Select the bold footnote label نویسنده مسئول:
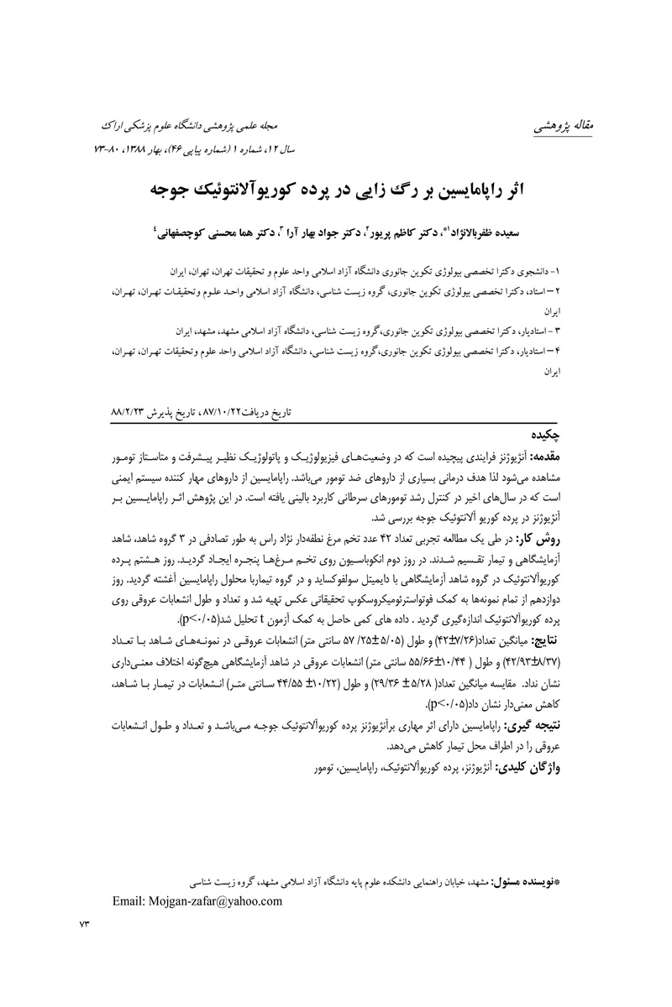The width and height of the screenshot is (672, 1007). click(527, 884)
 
